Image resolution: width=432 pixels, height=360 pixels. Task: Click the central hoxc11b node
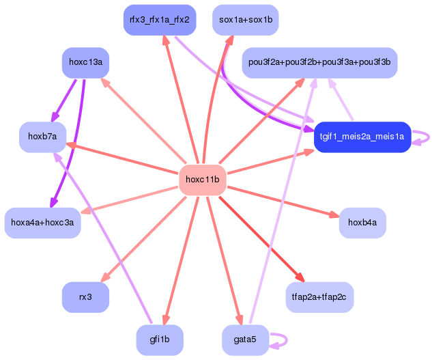pos(202,180)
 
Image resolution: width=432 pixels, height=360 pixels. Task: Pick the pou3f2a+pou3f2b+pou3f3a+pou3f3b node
pos(319,63)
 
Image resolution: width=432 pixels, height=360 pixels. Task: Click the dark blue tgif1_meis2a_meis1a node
pos(362,136)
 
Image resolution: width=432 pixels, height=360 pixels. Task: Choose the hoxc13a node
pos(86,63)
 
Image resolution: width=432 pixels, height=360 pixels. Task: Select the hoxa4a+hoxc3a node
pos(43,223)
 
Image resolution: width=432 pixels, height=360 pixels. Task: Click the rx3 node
pos(86,296)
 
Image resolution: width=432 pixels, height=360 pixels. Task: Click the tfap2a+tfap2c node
pos(319,296)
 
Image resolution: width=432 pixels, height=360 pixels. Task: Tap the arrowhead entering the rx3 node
pos(104,277)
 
